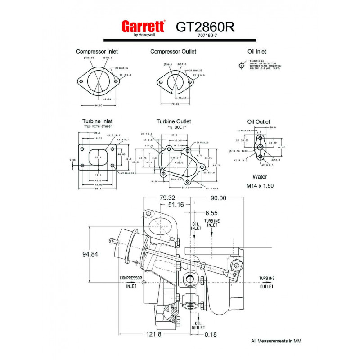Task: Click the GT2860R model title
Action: (x=205, y=27)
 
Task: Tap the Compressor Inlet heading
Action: (x=97, y=52)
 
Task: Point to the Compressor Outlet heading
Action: (x=173, y=52)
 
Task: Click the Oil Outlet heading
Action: (x=259, y=121)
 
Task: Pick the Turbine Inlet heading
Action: (x=97, y=121)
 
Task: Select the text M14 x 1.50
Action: (x=260, y=185)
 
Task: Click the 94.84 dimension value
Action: (x=90, y=254)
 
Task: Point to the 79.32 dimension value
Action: (x=166, y=198)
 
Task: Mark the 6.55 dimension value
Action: (x=211, y=212)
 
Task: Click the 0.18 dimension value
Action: (x=211, y=335)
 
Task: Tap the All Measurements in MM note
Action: (x=276, y=341)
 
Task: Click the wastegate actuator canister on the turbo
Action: (x=127, y=245)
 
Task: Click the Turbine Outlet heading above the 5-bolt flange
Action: (x=174, y=121)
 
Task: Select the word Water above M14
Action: (x=260, y=177)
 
